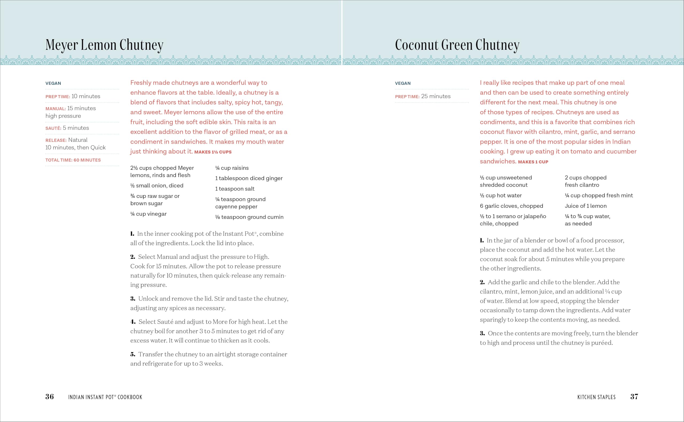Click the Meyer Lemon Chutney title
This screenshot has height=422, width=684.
(104, 45)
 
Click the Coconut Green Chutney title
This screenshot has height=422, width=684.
(457, 45)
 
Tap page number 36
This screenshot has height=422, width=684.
(50, 397)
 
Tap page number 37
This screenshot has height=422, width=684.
(634, 397)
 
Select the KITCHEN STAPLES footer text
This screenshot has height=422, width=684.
(596, 397)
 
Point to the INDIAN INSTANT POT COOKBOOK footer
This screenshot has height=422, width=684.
(105, 397)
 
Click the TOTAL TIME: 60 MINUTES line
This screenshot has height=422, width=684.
(73, 160)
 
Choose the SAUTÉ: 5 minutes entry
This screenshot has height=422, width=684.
(67, 128)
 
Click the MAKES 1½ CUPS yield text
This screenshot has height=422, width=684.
(213, 152)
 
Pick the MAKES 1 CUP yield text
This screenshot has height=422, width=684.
(533, 162)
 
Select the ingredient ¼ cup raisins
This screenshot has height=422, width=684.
(232, 168)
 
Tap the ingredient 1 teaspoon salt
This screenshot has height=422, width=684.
(235, 189)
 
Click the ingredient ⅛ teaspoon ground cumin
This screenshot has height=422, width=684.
(249, 217)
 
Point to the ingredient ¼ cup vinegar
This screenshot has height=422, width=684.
(148, 214)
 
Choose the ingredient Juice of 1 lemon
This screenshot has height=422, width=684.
(585, 206)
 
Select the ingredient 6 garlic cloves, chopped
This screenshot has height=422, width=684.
(511, 206)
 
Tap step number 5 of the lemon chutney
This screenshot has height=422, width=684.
(133, 354)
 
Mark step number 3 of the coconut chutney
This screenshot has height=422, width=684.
(482, 334)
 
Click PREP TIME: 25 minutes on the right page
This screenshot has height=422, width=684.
(423, 96)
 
